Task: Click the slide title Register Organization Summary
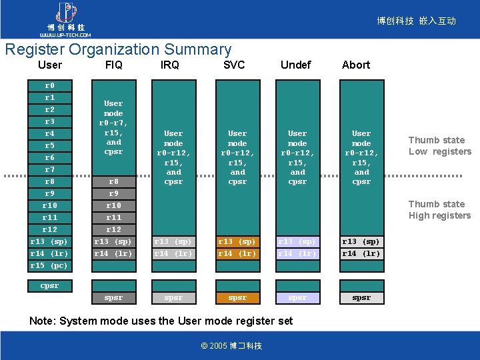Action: tap(118, 49)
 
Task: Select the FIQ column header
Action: tap(113, 65)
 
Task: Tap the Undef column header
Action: tap(295, 65)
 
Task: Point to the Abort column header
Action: tap(356, 65)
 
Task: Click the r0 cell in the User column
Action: tap(50, 86)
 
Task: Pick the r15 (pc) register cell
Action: tap(50, 265)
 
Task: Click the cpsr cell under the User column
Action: tap(50, 286)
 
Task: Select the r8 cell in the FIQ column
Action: tap(113, 181)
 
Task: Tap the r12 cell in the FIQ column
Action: tap(113, 229)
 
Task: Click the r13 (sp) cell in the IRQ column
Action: tap(173, 241)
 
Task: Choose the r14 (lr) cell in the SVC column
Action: tap(237, 253)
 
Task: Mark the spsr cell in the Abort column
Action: tap(361, 298)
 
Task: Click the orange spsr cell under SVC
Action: tap(237, 298)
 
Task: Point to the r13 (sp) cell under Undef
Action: tap(297, 241)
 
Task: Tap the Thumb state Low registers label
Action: tap(439, 146)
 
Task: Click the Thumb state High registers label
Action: tap(439, 210)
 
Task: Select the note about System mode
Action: tap(161, 321)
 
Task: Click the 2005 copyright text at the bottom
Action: tap(231, 345)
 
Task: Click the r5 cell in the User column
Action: tap(50, 145)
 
